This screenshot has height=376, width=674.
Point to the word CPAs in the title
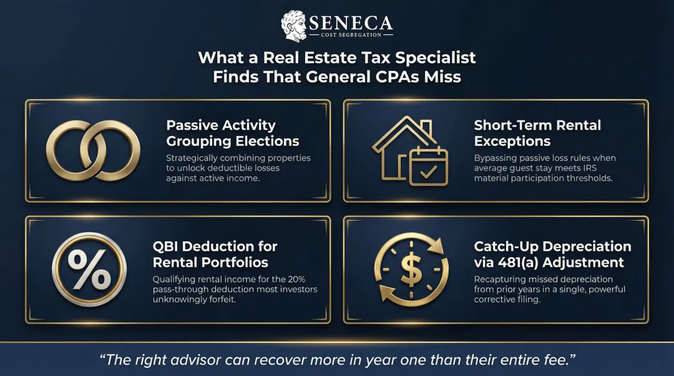coord(399,77)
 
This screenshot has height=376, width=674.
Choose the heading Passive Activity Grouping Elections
coord(232,133)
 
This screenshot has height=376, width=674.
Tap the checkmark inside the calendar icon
coord(428,171)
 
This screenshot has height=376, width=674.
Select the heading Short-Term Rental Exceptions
coord(537,133)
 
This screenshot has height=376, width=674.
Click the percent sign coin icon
coord(89,269)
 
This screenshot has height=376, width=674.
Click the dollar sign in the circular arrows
coord(411,269)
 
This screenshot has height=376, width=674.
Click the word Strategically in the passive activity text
coord(193,158)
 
